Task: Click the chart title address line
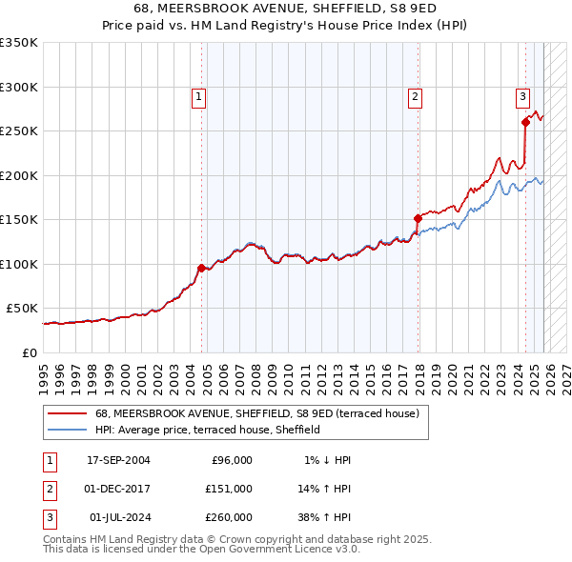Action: tap(286, 9)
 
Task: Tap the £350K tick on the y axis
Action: tap(19, 43)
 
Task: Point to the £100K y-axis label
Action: tap(19, 264)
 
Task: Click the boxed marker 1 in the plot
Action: tap(198, 95)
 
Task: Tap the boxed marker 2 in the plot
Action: tap(416, 95)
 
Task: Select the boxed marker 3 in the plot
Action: tap(522, 95)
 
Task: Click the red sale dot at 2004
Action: tap(201, 268)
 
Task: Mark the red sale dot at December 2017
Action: tap(418, 218)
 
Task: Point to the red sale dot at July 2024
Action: tap(525, 122)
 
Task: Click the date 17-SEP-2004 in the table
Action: tap(118, 460)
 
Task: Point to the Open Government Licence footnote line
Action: tap(201, 549)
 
